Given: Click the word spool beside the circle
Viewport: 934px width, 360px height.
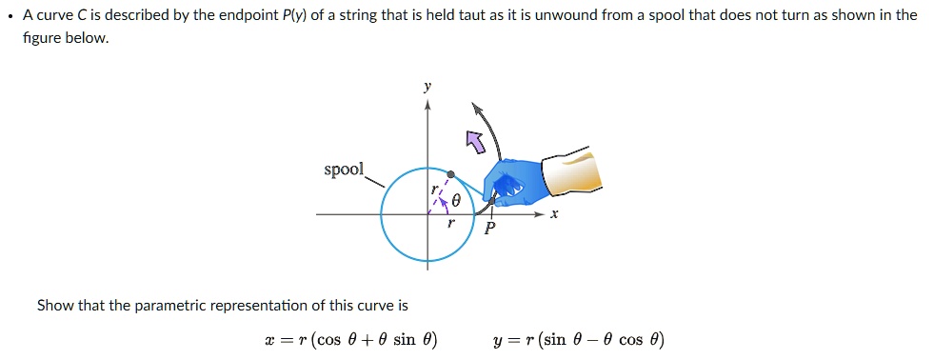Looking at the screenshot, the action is tap(344, 170).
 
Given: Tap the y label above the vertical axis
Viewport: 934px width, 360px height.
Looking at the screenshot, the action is tap(427, 86).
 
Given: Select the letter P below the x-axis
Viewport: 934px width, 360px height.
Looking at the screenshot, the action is tap(489, 229).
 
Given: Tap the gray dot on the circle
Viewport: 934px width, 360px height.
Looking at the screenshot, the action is tap(451, 174).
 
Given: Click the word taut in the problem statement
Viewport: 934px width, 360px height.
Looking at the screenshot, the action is tap(416, 15).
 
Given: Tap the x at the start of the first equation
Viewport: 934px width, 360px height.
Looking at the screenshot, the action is tap(269, 340).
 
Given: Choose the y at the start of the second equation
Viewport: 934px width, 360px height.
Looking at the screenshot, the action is tap(498, 341).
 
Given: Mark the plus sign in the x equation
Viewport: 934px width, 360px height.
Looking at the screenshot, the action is tap(367, 340).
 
